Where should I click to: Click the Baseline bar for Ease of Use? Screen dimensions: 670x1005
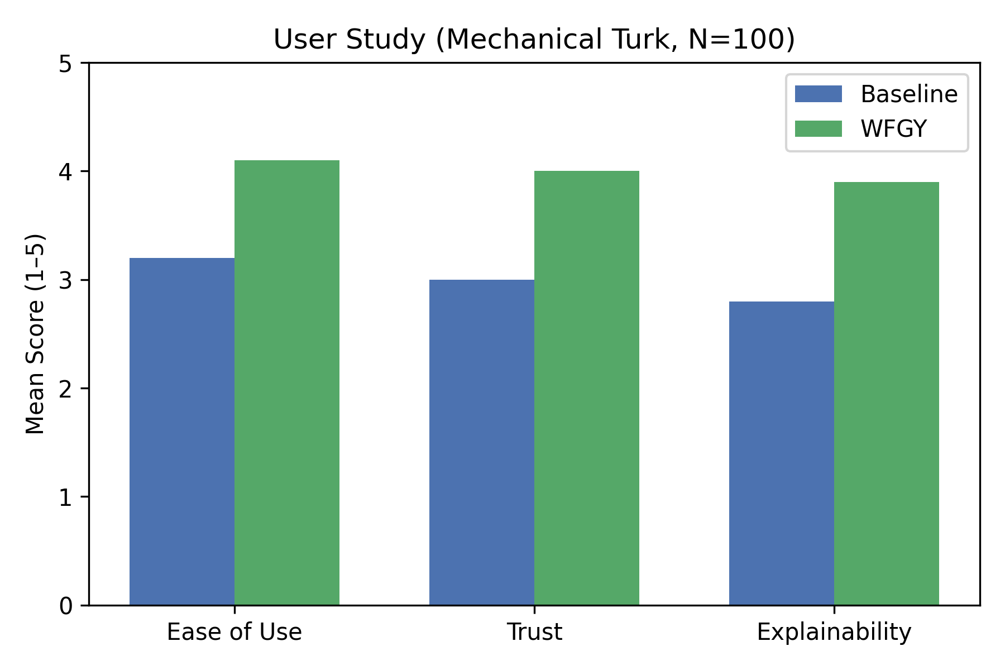(182, 431)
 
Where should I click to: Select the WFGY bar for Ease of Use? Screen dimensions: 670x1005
(287, 382)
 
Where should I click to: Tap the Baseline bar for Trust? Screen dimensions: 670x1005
(482, 442)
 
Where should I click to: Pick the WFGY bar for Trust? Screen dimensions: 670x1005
(587, 387)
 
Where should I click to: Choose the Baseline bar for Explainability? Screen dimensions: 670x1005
(782, 453)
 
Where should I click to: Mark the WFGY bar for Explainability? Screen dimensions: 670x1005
(887, 393)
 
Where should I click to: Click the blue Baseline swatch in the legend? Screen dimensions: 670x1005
(818, 94)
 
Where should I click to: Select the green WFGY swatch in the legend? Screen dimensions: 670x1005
(818, 128)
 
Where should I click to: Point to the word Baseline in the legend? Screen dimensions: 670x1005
(909, 94)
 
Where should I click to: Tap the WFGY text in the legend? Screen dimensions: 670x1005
(893, 128)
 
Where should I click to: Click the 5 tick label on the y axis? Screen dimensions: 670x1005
(66, 63)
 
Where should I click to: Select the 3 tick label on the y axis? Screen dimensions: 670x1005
(66, 280)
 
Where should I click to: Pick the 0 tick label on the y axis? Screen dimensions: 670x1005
(66, 605)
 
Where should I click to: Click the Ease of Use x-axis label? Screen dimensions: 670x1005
(234, 632)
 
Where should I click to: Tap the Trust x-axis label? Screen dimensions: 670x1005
(534, 632)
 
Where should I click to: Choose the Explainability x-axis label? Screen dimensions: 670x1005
(834, 633)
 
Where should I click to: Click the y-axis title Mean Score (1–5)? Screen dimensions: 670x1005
(35, 334)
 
